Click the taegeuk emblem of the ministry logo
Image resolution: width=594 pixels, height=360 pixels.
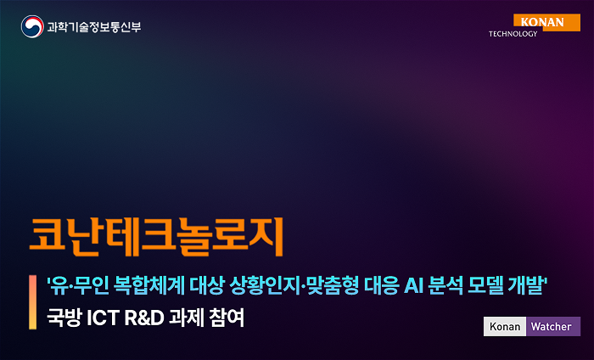[x=31, y=26]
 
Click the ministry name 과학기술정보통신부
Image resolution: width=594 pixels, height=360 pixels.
[x=93, y=27]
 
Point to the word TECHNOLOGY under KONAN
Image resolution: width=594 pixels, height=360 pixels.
[x=513, y=34]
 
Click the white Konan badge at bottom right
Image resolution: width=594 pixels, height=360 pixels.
[x=505, y=326]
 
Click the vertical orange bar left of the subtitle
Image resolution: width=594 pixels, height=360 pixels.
[x=31, y=302]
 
